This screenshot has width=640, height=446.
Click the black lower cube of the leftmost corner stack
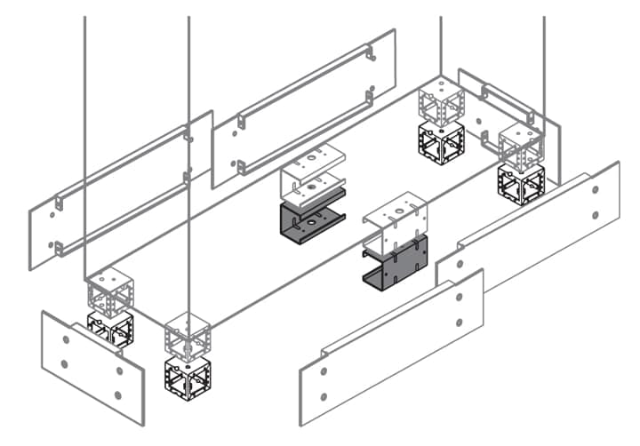click(x=110, y=329)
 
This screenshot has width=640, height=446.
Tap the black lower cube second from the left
click(x=188, y=374)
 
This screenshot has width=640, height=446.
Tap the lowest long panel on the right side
click(x=391, y=347)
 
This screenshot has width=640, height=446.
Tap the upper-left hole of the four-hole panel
click(x=67, y=334)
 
